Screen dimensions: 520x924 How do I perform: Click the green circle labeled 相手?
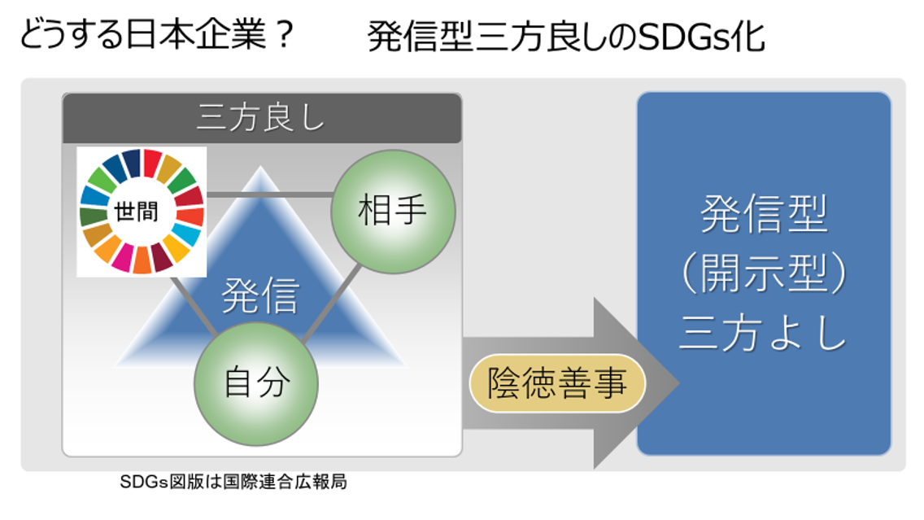point(393,212)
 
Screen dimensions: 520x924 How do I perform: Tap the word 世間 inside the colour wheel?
point(142,212)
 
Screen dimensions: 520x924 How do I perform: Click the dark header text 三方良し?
point(261,119)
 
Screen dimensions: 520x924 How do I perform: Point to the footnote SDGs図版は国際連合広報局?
point(233,482)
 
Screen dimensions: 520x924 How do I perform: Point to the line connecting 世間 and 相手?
point(268,194)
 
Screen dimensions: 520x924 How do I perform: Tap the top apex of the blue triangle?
point(260,168)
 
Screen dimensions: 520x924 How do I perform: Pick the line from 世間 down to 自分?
point(195,308)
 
